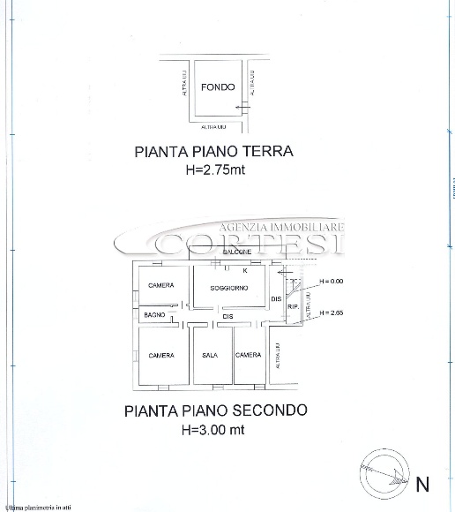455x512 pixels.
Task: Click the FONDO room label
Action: point(217,87)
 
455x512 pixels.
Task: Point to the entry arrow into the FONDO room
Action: point(240,107)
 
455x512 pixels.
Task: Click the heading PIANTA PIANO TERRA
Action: point(213,151)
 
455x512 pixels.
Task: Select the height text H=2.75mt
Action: point(213,169)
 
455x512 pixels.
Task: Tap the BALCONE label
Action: point(235,252)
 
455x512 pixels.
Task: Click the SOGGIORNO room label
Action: point(229,289)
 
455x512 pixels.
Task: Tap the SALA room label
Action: point(210,355)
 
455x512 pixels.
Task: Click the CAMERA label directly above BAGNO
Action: point(160,285)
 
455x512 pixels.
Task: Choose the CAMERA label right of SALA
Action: point(248,355)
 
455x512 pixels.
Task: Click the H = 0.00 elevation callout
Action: point(331,281)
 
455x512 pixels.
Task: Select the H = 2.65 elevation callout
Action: point(331,312)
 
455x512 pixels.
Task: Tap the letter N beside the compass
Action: point(422,483)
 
